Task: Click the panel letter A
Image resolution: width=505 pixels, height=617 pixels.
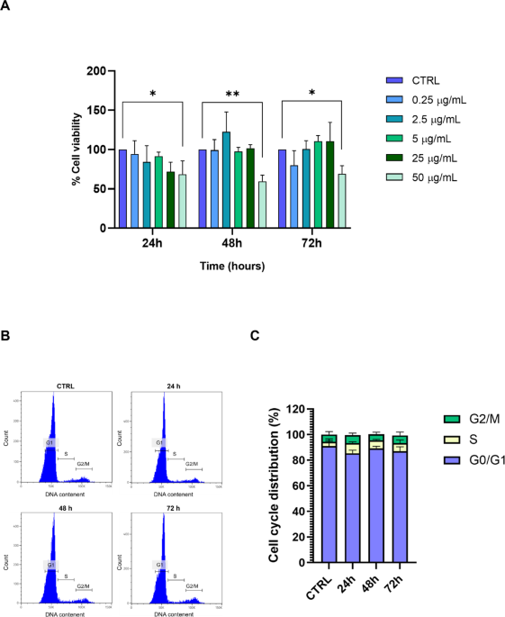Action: pos(7,6)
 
